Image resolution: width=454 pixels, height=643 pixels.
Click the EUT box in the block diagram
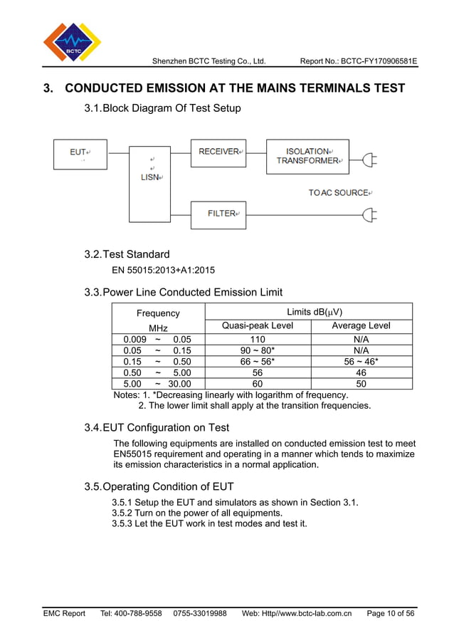[x=80, y=155]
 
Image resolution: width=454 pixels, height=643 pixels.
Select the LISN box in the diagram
[x=150, y=184]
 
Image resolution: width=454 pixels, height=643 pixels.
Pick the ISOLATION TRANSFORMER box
[x=307, y=157]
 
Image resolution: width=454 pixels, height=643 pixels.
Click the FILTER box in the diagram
[x=218, y=214]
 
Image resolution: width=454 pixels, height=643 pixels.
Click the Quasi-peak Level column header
[x=257, y=326]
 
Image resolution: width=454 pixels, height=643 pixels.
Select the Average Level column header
[x=361, y=326]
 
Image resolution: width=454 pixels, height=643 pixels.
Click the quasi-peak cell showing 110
[x=257, y=340]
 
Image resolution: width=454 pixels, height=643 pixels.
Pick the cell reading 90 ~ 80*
[x=257, y=350]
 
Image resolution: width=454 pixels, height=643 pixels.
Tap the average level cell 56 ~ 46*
[x=361, y=361]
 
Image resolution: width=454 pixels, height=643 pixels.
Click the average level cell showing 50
[x=361, y=383]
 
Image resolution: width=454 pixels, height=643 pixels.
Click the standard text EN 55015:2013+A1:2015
[x=164, y=271]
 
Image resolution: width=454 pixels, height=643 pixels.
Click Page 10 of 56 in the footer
[x=391, y=613]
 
